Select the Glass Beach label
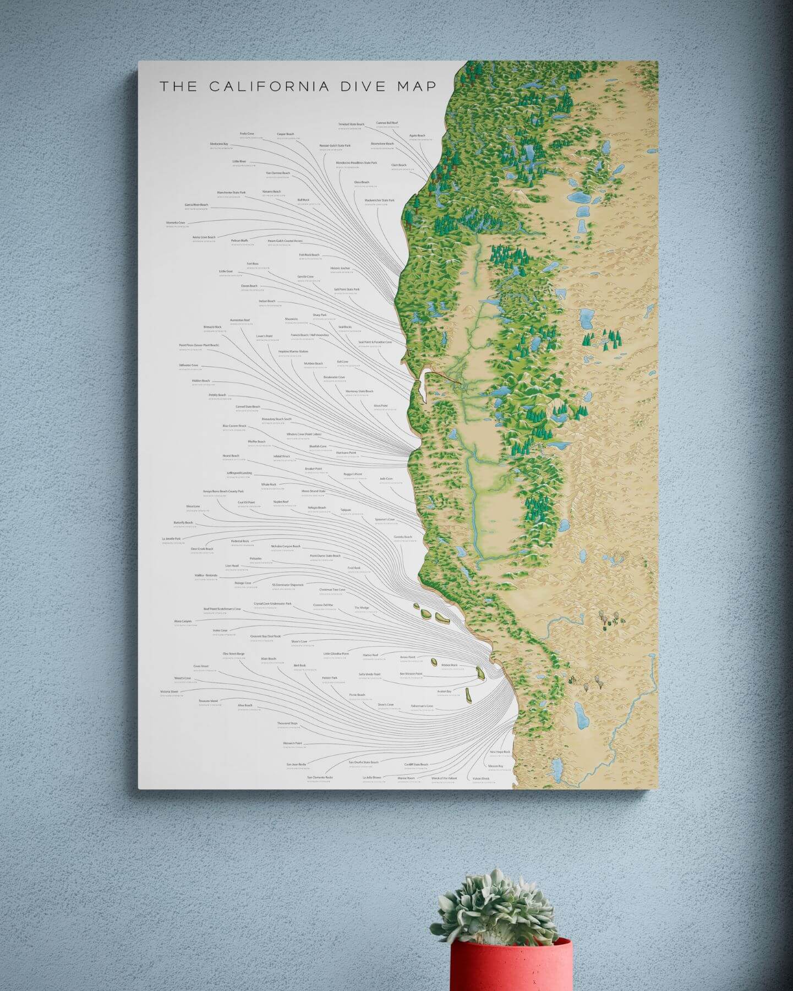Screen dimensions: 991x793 (362, 182)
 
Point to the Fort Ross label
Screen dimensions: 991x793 (253, 264)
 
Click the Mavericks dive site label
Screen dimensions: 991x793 (291, 319)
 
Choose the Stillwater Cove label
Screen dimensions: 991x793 (188, 365)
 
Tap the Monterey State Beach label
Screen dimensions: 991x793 (359, 391)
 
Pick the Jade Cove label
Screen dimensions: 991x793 (386, 479)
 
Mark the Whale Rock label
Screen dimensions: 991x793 (269, 484)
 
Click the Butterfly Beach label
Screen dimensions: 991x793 (183, 522)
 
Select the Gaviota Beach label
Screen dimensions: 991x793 (403, 537)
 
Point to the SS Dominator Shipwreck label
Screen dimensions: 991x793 (288, 585)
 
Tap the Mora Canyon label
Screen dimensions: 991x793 (183, 621)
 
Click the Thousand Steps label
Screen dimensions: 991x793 (287, 723)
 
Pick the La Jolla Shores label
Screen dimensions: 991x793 (372, 778)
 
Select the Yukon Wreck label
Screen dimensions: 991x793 (480, 778)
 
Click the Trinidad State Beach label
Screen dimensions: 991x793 (351, 124)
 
